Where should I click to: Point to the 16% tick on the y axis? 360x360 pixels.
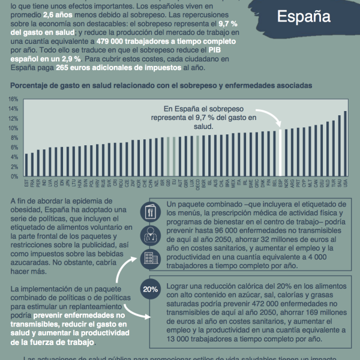tap(13, 98)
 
